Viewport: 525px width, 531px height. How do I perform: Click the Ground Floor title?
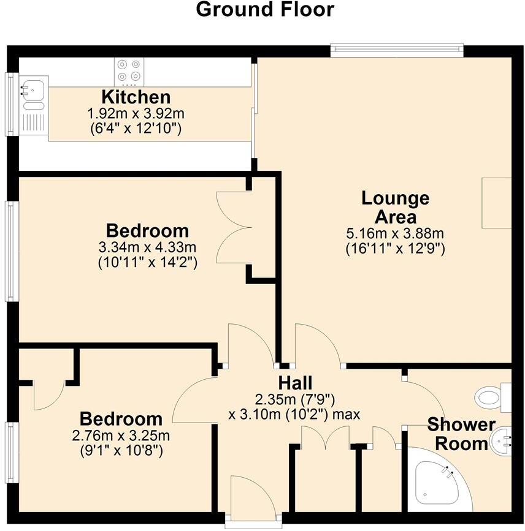coord(265,10)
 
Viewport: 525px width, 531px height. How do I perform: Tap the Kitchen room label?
coord(136,97)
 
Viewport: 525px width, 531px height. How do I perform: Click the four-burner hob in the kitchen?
coord(128,70)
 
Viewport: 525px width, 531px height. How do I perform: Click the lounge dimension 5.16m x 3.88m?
coord(394,234)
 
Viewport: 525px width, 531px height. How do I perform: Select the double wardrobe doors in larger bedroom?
coord(233,227)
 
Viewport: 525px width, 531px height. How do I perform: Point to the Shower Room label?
coord(461,433)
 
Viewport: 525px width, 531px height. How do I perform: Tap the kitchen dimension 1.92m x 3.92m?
coord(136,114)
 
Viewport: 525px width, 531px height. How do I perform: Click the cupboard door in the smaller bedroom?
coord(48,395)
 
